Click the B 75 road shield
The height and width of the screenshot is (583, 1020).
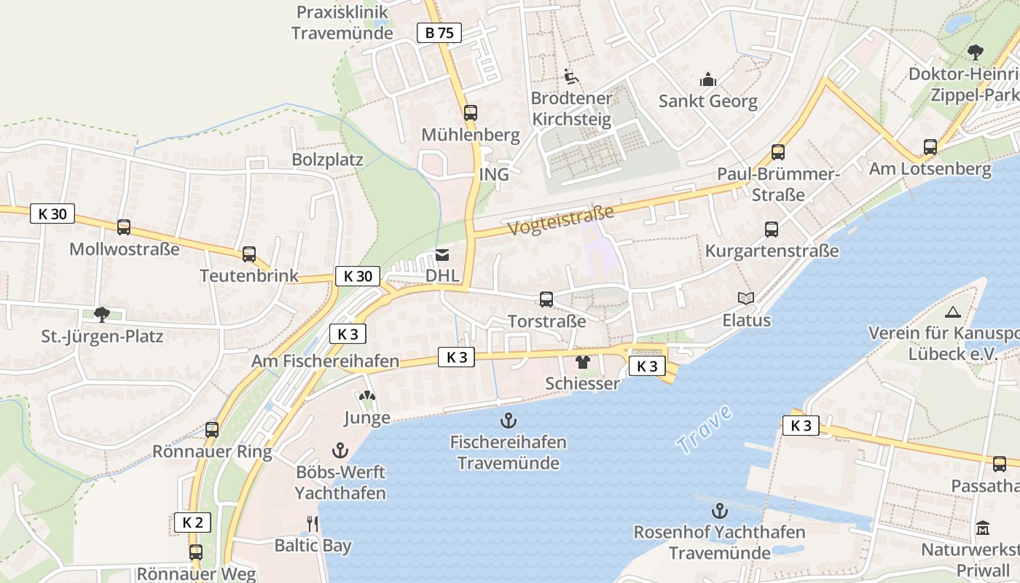pyautogui.click(x=439, y=33)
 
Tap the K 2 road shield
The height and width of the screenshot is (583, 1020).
pyautogui.click(x=192, y=523)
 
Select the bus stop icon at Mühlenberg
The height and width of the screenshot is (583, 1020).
pyautogui.click(x=471, y=113)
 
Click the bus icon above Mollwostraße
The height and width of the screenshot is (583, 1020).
pyautogui.click(x=124, y=227)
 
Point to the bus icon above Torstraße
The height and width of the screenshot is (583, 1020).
pyautogui.click(x=546, y=300)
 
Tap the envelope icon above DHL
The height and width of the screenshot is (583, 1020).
pyautogui.click(x=442, y=255)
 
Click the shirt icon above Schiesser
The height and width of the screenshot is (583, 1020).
pyautogui.click(x=582, y=362)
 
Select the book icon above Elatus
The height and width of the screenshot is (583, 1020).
pyautogui.click(x=746, y=299)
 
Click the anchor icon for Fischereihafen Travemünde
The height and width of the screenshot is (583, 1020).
pyautogui.click(x=508, y=420)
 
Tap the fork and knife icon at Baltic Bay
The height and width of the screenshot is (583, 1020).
pyautogui.click(x=313, y=524)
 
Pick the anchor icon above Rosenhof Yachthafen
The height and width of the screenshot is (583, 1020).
pyautogui.click(x=720, y=511)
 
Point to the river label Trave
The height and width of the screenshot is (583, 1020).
pyautogui.click(x=703, y=431)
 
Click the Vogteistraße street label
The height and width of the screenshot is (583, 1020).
pyautogui.click(x=561, y=221)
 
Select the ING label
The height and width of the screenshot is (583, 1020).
pyautogui.click(x=494, y=176)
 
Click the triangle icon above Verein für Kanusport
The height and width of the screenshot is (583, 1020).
pyautogui.click(x=952, y=313)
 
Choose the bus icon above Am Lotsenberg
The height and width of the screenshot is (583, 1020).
pyautogui.click(x=930, y=147)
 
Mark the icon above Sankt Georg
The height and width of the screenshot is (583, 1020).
pyautogui.click(x=707, y=80)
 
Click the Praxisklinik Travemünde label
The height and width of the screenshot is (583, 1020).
pyautogui.click(x=342, y=23)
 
